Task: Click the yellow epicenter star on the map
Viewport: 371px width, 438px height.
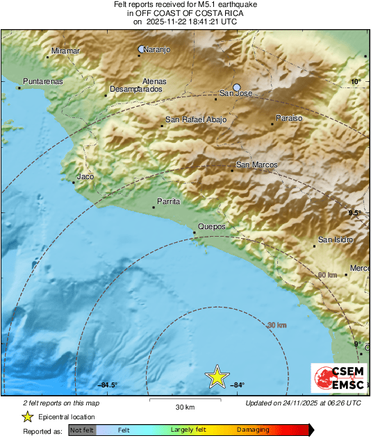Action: pos(217,376)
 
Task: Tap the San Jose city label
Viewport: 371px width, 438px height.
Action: pos(234,93)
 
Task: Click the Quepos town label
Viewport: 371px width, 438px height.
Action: pos(211,226)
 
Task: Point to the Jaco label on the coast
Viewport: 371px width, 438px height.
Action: pos(85,177)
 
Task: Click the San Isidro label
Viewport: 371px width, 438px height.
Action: pos(336,239)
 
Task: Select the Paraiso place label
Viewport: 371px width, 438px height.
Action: pos(289,119)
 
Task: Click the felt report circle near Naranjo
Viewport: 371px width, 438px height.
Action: pos(142,49)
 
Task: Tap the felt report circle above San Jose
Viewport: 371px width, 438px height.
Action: pos(237,87)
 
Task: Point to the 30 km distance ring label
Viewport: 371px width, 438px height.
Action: pos(277,324)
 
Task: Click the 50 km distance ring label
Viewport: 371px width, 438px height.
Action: pos(327,275)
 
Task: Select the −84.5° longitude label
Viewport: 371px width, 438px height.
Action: pos(108,385)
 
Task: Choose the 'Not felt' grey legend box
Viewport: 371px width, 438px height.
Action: pos(83,430)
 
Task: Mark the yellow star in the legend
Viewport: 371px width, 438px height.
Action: pos(27,416)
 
